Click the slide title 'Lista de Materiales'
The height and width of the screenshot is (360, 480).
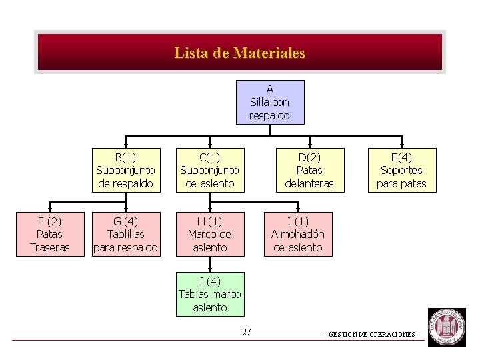tap(240, 53)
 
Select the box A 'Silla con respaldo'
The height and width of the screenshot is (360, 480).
tap(270, 102)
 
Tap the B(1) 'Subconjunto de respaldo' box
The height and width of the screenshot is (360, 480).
tap(126, 170)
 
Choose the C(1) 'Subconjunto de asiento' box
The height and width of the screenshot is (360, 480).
tap(209, 170)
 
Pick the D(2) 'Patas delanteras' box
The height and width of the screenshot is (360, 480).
tap(309, 170)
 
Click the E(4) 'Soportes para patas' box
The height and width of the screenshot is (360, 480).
tap(402, 170)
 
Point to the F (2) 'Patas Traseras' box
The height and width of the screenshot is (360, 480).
tap(50, 234)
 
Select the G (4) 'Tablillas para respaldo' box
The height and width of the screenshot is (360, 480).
tap(126, 234)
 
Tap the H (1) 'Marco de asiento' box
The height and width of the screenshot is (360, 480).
tap(209, 234)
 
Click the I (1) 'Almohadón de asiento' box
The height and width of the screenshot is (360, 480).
tap(298, 234)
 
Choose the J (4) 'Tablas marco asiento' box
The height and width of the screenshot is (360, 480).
tap(209, 294)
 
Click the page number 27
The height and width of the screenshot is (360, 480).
tap(247, 332)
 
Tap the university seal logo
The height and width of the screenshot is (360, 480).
tap(446, 327)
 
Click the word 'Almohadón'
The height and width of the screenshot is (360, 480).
tap(298, 234)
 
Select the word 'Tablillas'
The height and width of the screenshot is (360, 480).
tap(126, 234)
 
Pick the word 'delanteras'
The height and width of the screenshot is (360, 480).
tap(309, 183)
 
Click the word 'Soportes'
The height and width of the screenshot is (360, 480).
tap(402, 170)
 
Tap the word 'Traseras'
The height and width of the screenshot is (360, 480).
tap(50, 247)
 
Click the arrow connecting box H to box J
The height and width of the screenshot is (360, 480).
tap(209, 264)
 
